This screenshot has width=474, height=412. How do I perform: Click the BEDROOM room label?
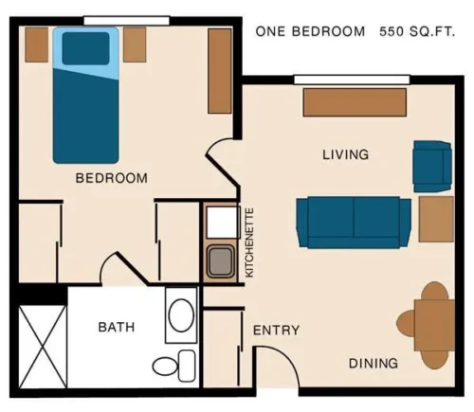111,177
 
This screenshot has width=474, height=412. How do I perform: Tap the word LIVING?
345,154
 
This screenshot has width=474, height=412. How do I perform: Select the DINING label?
372,363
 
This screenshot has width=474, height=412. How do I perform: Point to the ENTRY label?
276,331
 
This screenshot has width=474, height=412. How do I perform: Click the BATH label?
116,327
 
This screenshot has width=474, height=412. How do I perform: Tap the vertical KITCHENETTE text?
250,242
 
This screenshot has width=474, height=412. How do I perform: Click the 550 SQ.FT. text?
418,31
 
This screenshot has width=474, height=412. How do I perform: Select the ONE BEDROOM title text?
310,31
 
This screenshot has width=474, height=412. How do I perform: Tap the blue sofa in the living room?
353,222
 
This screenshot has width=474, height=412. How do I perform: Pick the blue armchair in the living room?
432,165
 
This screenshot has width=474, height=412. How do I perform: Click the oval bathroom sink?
180,313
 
